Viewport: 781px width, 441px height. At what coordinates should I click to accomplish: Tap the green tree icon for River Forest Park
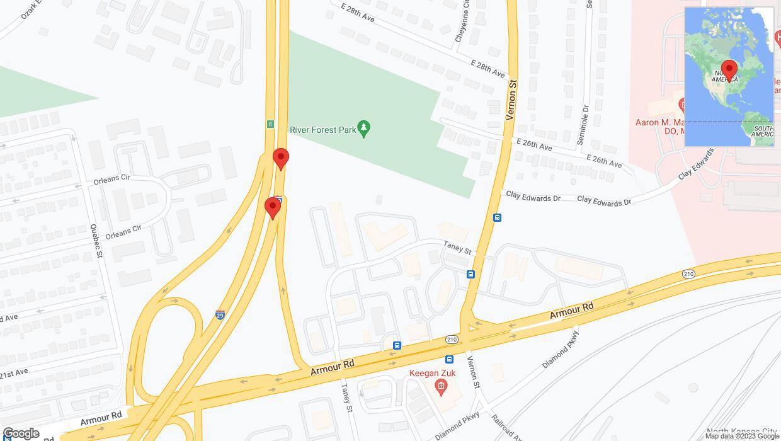pyautogui.click(x=363, y=129)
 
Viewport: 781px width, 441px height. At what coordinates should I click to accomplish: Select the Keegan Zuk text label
pyautogui.click(x=432, y=373)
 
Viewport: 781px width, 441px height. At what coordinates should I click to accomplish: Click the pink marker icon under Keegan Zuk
pyautogui.click(x=441, y=386)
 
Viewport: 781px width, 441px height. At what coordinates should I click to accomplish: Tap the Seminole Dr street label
pyautogui.click(x=583, y=126)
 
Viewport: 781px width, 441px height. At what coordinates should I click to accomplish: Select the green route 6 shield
pyautogui.click(x=270, y=123)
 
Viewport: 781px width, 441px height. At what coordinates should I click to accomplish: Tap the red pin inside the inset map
pyautogui.click(x=729, y=70)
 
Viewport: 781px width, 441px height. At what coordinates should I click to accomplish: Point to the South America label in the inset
pyautogui.click(x=762, y=130)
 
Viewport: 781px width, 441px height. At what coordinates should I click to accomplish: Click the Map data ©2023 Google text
pyautogui.click(x=741, y=436)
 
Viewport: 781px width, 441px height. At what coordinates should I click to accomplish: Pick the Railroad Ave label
pyautogui.click(x=506, y=427)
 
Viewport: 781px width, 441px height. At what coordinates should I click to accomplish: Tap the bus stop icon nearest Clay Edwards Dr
pyautogui.click(x=497, y=217)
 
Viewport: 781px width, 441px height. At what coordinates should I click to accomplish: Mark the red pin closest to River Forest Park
pyautogui.click(x=280, y=157)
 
